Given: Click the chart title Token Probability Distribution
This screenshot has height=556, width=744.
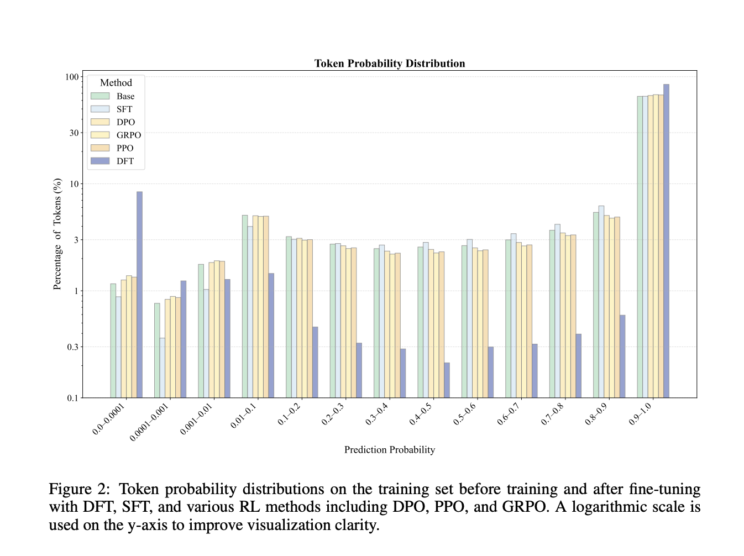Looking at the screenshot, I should coord(390,64).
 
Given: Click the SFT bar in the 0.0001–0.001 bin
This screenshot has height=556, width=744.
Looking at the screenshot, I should coord(162,368).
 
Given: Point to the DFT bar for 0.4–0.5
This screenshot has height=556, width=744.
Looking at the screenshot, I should coord(447,380).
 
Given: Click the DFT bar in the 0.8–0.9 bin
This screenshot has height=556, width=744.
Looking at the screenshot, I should coord(622,356).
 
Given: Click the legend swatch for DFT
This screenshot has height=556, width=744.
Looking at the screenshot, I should coord(100,161).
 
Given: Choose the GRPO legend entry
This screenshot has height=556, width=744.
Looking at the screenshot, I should coord(128,135).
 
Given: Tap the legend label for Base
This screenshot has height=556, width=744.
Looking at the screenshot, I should coord(125,96).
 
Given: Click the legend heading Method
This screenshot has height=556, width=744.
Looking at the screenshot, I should coord(116,83).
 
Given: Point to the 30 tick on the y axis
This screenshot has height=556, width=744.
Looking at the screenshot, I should coord(74,133).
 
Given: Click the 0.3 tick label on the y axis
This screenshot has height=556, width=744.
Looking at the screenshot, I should coord(73,347).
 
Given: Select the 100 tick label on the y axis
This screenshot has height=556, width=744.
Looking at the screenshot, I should coord(72,77).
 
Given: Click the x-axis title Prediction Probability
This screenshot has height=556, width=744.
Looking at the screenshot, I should coord(390,450).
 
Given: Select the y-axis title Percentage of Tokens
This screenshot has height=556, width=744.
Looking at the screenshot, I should coord(57,234).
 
